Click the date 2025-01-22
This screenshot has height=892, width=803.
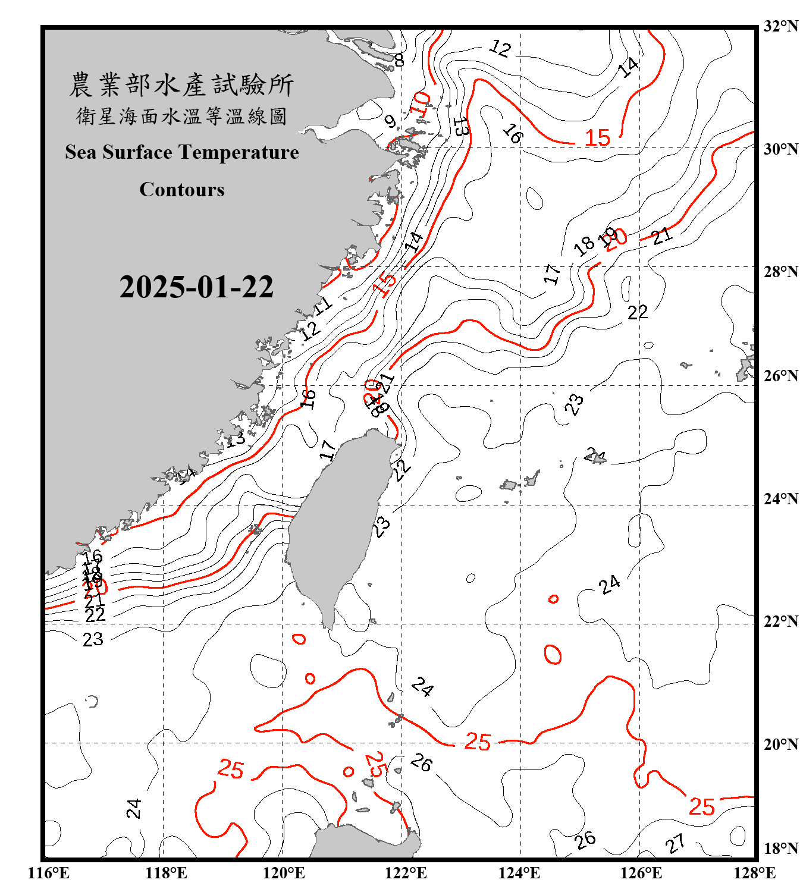coord(196,287)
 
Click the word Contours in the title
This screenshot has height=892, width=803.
coord(182,190)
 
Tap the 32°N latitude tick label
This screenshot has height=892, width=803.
coord(780,26)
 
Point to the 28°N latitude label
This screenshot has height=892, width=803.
coord(780,272)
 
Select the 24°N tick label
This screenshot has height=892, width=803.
coord(780,499)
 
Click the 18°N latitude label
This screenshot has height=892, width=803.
coord(780,849)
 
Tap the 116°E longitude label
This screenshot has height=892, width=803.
coord(49,873)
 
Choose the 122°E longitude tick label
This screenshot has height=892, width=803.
coord(406,873)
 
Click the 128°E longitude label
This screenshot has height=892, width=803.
coord(754,873)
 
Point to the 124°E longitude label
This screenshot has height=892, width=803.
coord(519,873)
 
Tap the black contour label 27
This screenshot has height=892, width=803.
coord(675,843)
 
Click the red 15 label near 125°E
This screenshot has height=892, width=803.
coord(597,138)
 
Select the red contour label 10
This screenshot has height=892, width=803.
coord(420,103)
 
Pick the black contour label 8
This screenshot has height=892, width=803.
coord(399,60)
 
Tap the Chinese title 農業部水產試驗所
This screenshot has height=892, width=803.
coord(182,85)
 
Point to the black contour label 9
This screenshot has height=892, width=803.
coord(390,122)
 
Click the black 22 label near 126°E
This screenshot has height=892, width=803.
coord(638,312)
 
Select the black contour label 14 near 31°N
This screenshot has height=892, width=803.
coord(629,67)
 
